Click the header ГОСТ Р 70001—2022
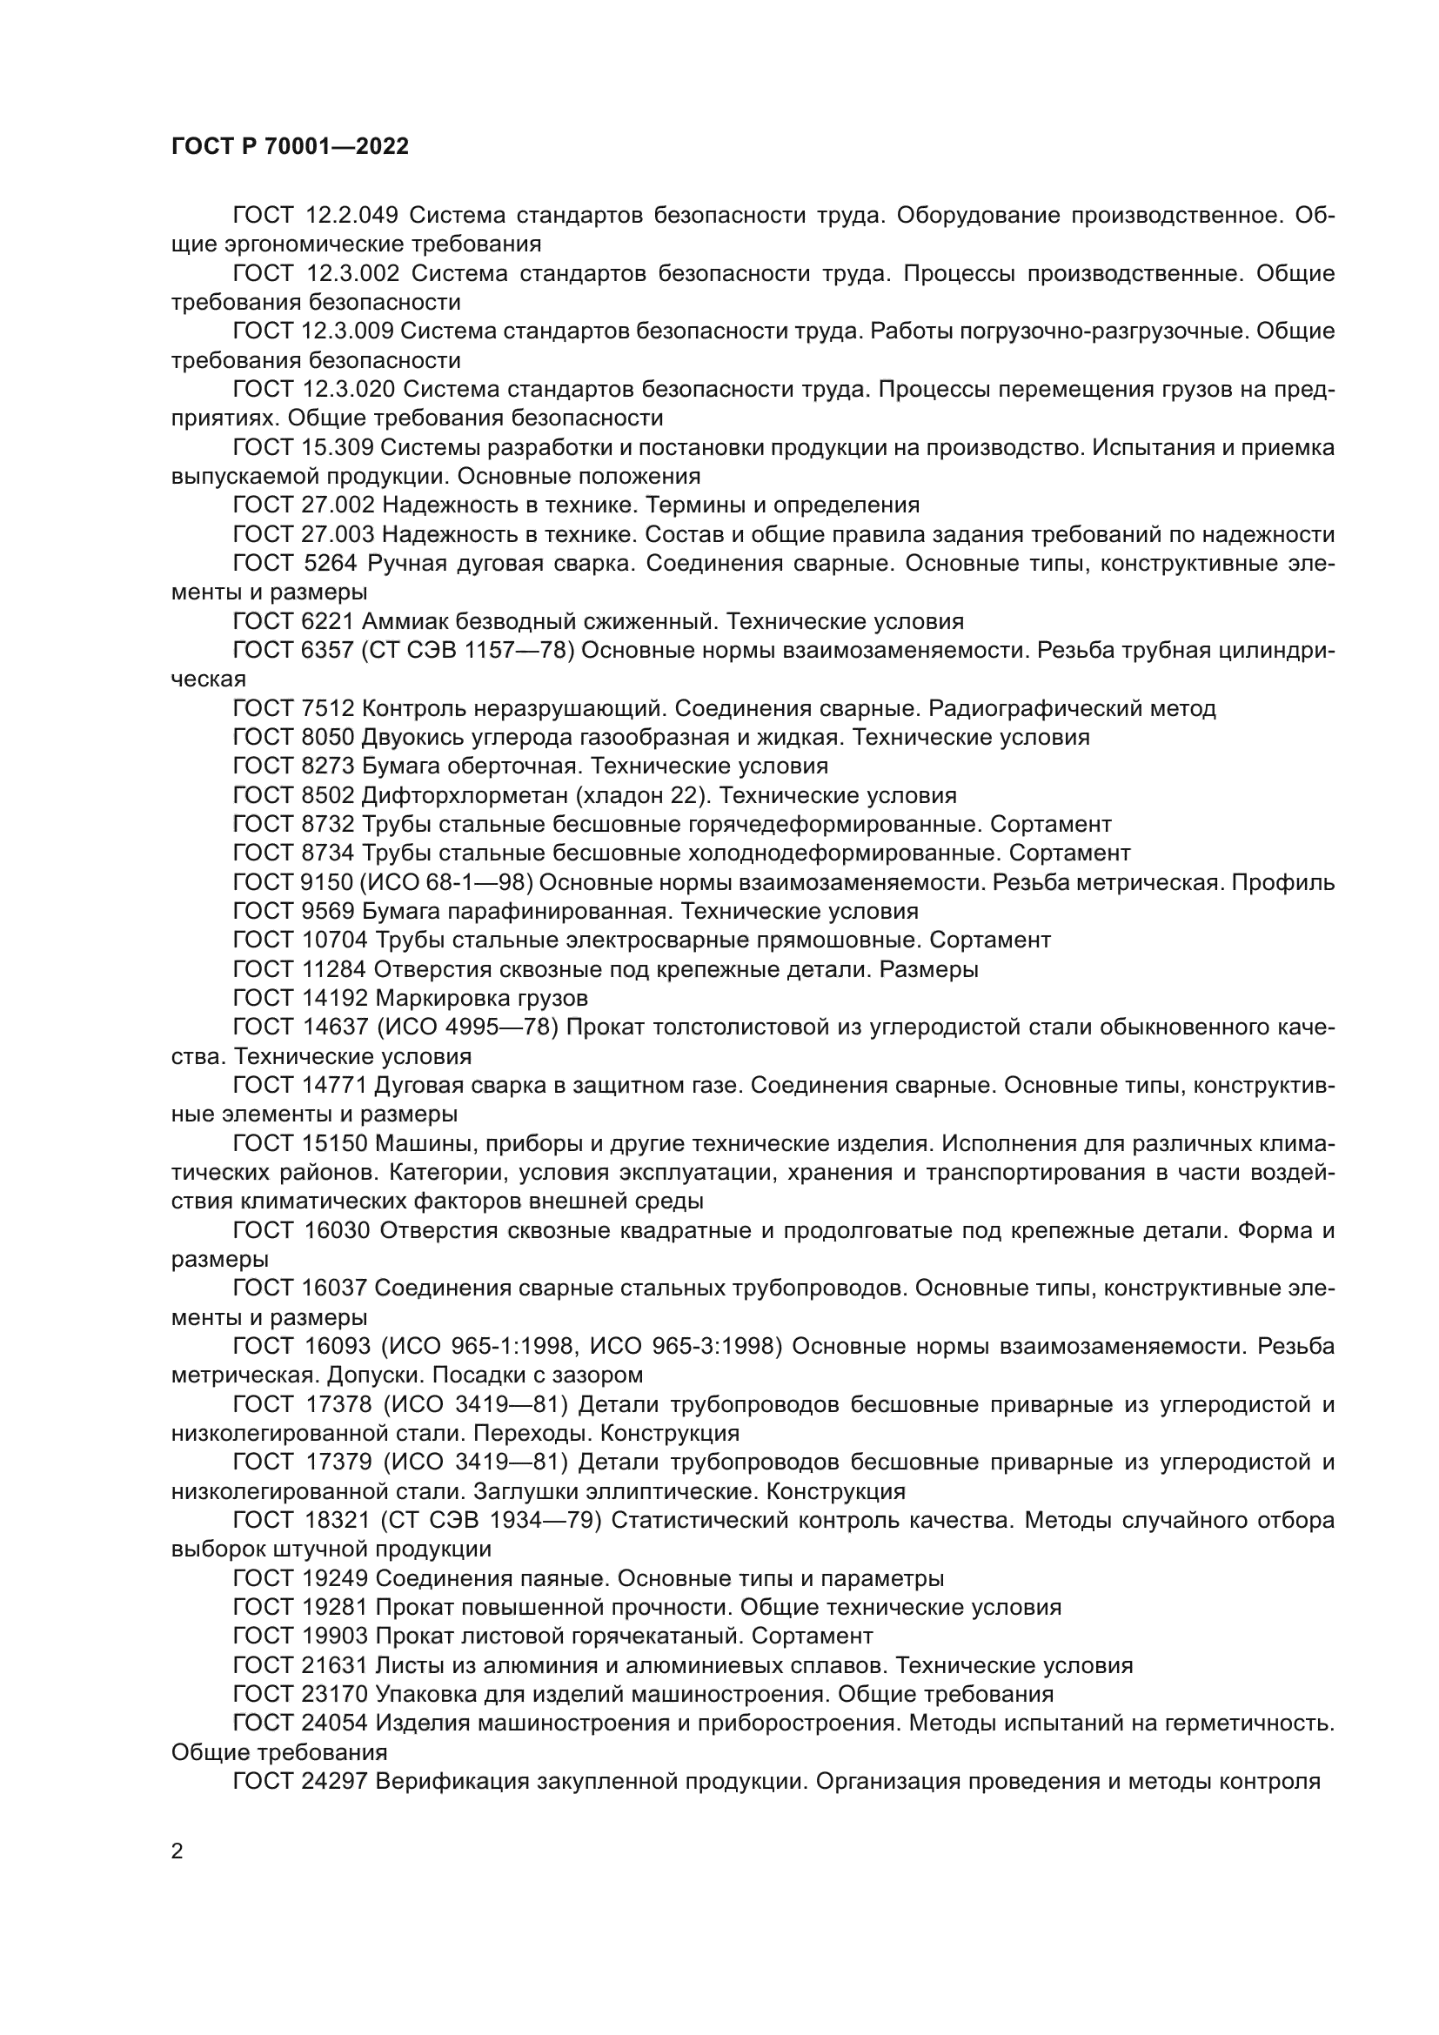290,147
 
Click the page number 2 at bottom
177,1851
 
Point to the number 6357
327,651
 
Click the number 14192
334,998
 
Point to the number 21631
333,1665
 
